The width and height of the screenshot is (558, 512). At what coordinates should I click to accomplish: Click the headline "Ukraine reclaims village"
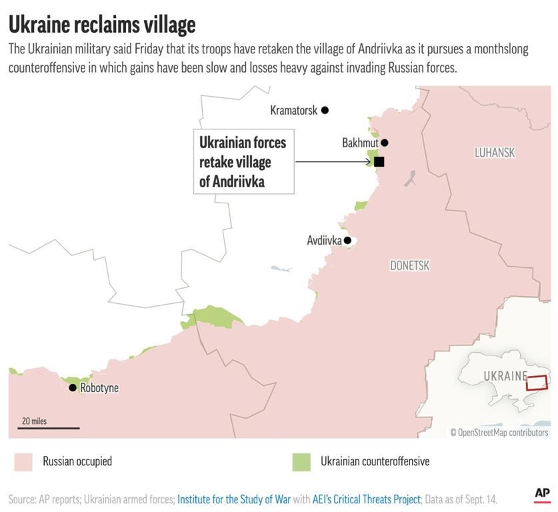102,24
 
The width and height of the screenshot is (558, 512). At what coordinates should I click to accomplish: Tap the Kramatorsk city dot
325,110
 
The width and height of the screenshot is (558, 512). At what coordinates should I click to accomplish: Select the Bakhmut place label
360,143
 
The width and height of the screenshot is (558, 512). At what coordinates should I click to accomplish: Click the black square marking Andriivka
379,161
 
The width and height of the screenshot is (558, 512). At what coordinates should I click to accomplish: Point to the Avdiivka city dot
347,241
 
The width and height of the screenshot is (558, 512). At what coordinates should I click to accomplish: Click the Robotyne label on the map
99,388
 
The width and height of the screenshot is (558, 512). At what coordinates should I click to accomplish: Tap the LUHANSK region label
495,153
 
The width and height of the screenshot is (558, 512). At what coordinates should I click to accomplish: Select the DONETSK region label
410,266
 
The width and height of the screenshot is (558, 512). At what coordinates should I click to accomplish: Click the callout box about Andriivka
243,161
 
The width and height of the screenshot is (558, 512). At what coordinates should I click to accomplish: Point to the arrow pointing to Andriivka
333,161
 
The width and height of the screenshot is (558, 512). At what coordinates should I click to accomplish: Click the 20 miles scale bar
49,427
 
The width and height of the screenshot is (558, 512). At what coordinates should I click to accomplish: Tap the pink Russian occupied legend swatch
23,461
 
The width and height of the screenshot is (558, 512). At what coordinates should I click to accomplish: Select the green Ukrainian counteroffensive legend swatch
301,461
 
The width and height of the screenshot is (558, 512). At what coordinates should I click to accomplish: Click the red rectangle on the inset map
536,383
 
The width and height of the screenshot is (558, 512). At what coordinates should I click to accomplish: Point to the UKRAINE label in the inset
505,376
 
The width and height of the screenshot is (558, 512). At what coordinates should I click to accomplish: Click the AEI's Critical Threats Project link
367,499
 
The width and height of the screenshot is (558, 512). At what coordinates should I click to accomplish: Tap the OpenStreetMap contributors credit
499,433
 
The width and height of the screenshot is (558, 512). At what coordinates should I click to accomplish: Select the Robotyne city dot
73,387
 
